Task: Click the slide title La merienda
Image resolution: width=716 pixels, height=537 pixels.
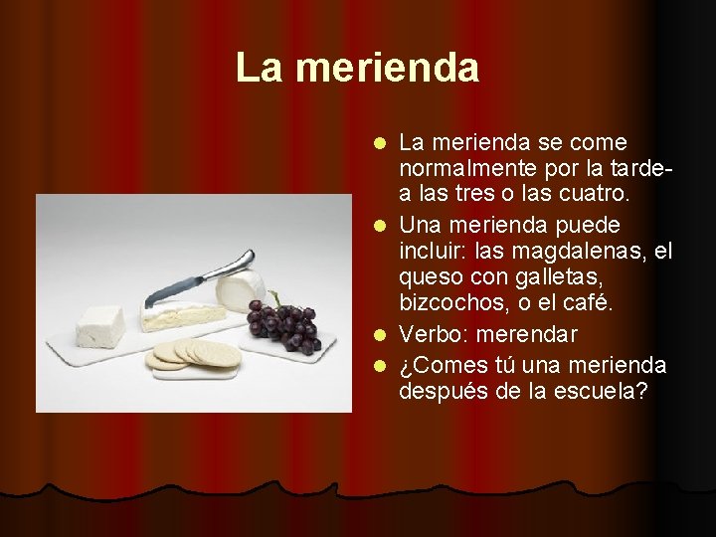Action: [x=357, y=69]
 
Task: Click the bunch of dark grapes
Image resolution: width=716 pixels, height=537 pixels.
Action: [x=286, y=324]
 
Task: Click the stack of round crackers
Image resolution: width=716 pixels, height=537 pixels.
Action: [x=196, y=354]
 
